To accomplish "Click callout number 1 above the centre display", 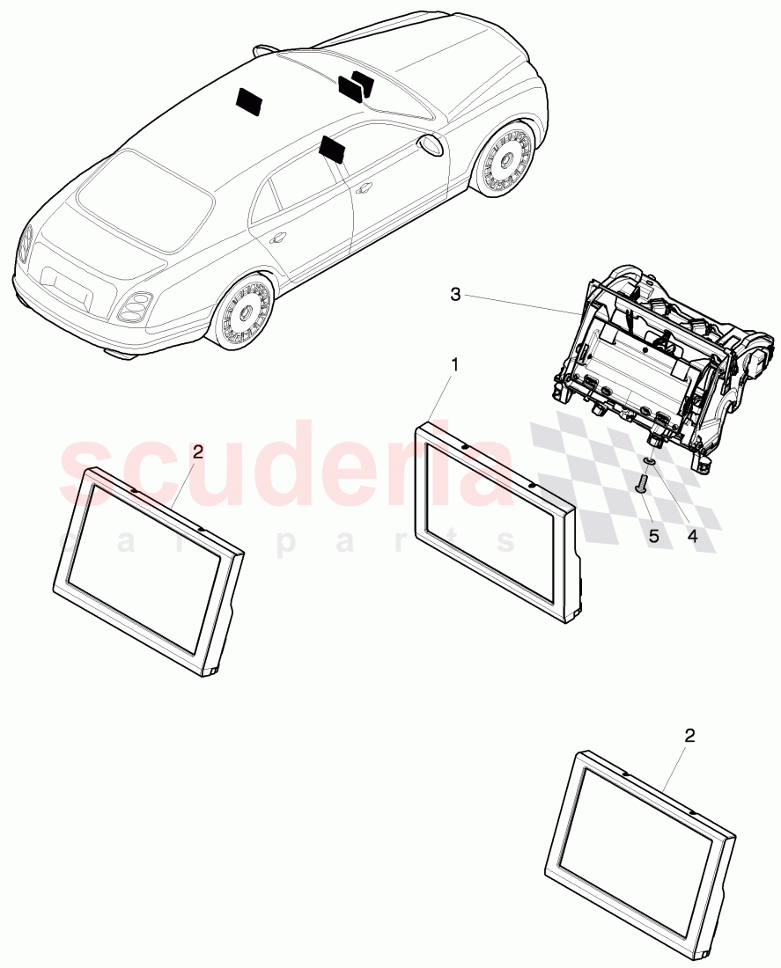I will coord(455,363).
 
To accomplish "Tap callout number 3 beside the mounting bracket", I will coord(455,295).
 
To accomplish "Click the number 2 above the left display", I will coord(197,451).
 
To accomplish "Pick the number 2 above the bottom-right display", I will coord(689,735).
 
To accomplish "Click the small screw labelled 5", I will coord(641,482).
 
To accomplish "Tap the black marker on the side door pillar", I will coord(334,149).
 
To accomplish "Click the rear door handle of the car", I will coord(278,238).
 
